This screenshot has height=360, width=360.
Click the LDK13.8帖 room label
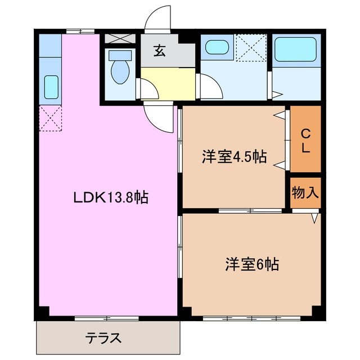point(110,198)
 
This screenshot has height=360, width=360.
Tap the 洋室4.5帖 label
point(233,156)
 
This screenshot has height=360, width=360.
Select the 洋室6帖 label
point(253,263)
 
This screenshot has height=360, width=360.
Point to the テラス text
point(104,339)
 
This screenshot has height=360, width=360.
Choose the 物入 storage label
point(305,193)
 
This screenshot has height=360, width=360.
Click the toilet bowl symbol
point(119,67)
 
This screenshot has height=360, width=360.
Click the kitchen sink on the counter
point(51,87)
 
